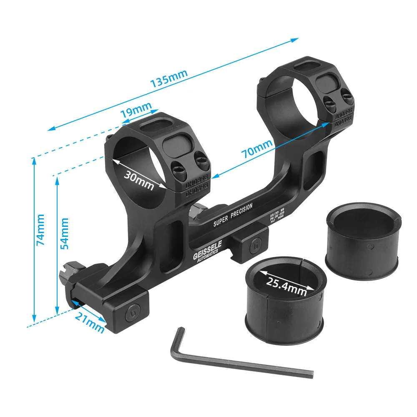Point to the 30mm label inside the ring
[138, 180]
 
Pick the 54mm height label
[64, 234]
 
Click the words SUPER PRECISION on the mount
[233, 217]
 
